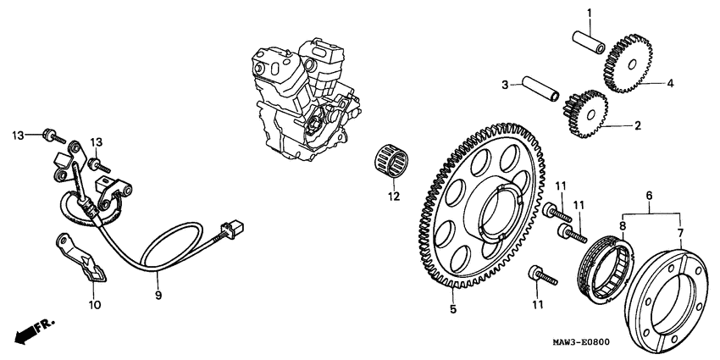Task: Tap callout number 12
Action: (392, 197)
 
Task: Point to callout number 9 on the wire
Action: (157, 296)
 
